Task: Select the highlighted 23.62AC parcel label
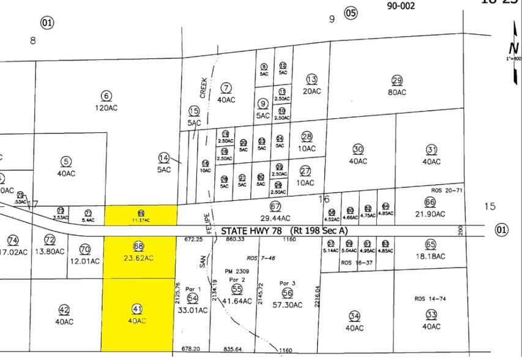(x=138, y=258)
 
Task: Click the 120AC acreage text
(x=107, y=108)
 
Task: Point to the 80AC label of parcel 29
(x=397, y=92)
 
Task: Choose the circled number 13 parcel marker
(x=311, y=79)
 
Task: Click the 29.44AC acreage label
(x=275, y=217)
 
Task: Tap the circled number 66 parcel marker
(x=430, y=202)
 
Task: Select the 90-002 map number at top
(x=401, y=6)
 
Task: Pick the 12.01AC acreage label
(x=84, y=260)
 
